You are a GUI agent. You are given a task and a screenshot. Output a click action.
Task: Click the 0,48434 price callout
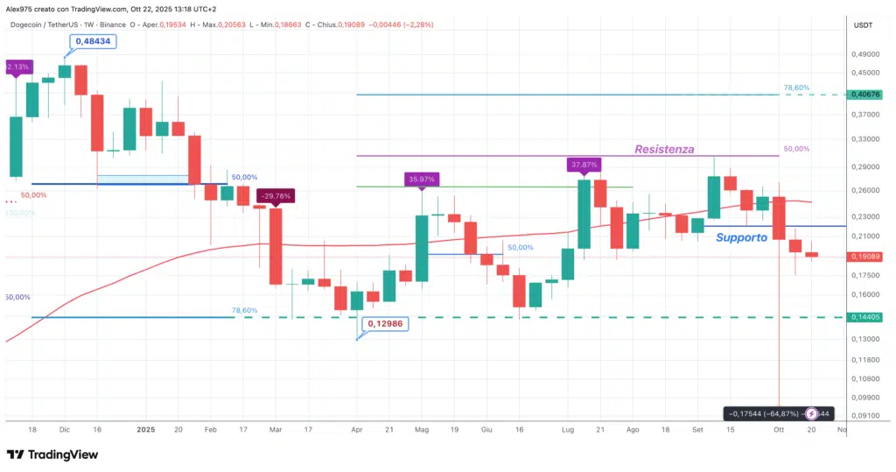[94, 41]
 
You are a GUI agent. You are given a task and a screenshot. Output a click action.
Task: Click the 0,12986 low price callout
[385, 323]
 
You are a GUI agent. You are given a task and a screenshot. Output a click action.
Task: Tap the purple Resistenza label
[664, 149]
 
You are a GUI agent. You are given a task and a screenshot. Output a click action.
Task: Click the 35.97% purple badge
[422, 180]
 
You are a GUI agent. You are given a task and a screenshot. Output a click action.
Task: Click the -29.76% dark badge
[275, 196]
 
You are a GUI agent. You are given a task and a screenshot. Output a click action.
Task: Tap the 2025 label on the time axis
[146, 430]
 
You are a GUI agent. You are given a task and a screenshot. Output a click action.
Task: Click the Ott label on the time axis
[778, 430]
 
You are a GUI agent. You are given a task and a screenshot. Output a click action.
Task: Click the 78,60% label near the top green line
[796, 88]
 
